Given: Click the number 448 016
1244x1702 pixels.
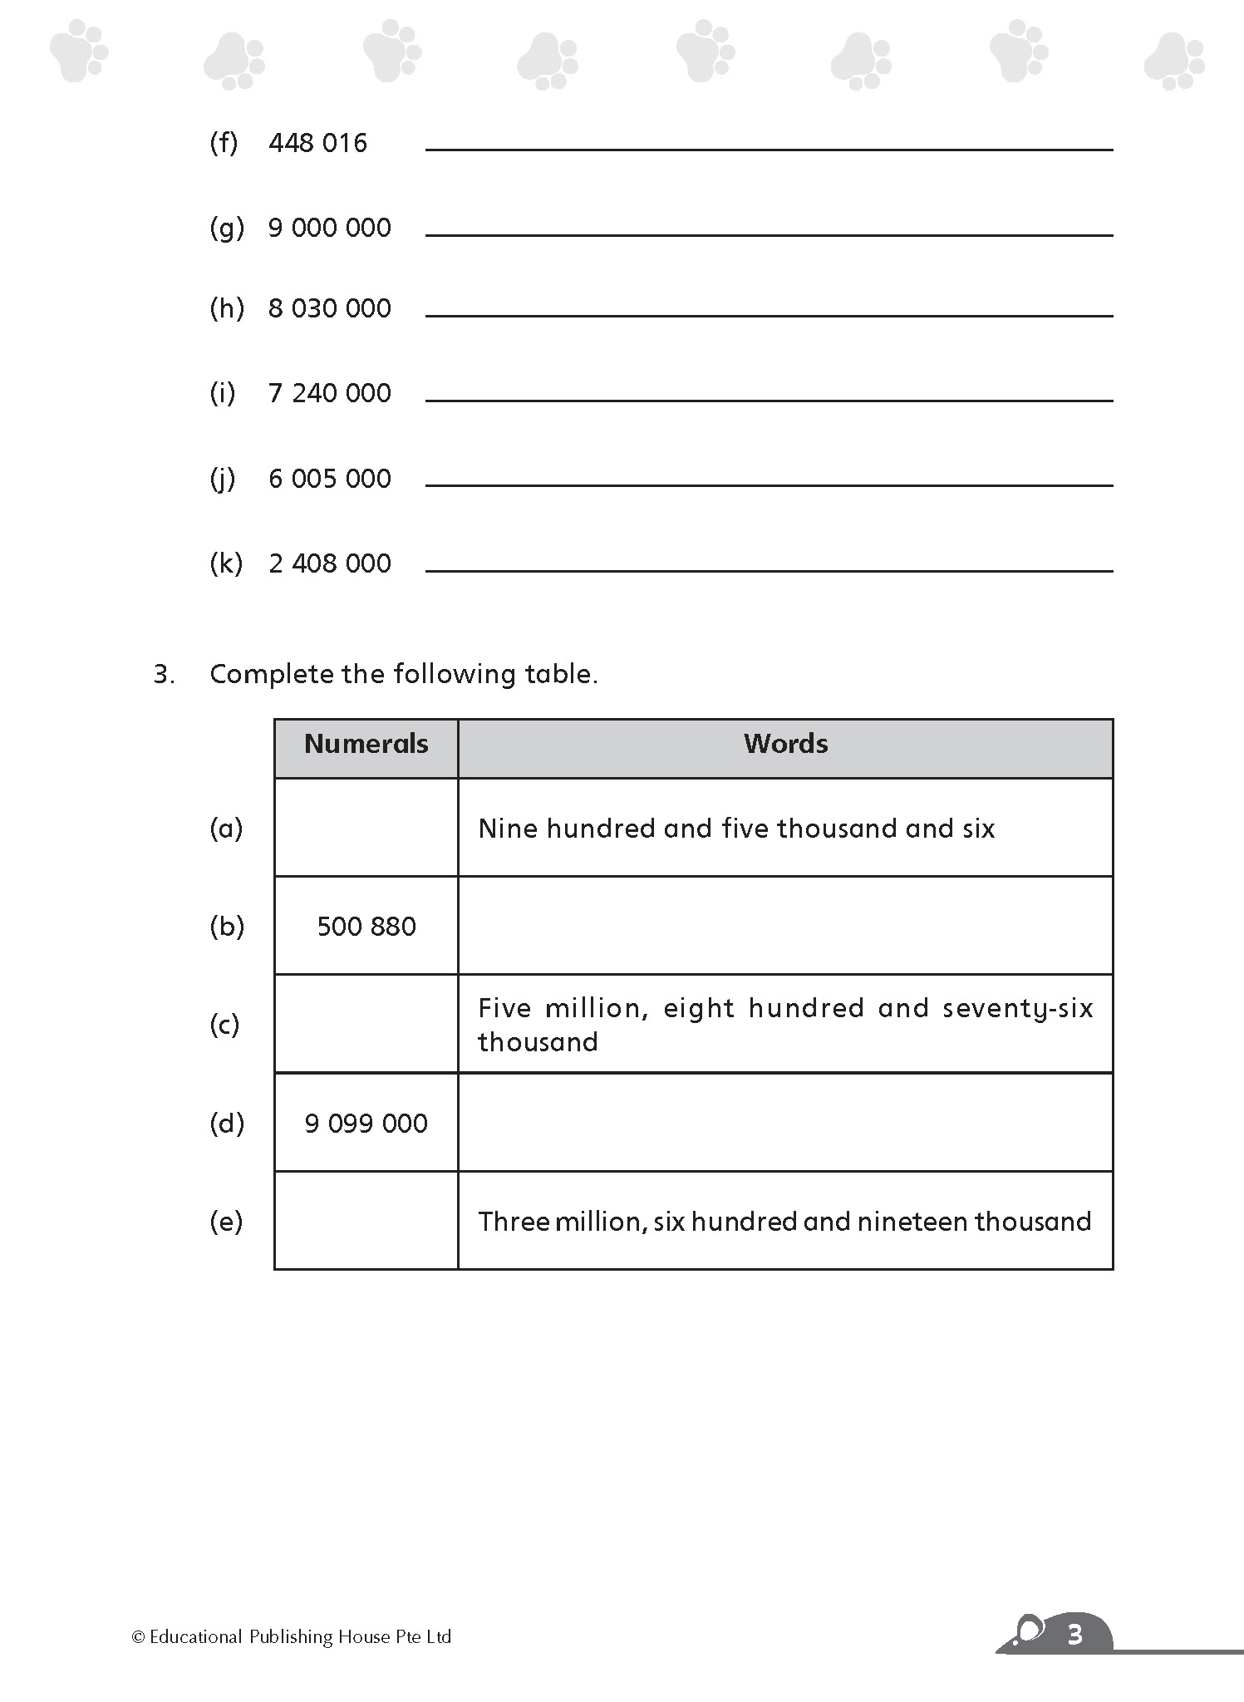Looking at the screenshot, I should coord(317,143).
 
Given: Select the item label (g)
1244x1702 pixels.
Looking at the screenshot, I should coord(226,228).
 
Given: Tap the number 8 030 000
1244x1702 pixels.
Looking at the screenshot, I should coord(329,308).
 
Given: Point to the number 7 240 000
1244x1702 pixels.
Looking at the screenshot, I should coord(329,393).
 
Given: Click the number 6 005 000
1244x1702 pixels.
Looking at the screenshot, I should coord(329,479).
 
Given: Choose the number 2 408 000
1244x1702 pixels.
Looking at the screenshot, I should coord(329,563).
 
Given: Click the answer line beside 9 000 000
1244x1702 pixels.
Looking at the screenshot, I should coord(769,234).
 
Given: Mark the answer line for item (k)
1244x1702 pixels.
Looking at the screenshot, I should coord(769,570).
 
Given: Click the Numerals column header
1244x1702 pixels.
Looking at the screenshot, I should coord(366,744).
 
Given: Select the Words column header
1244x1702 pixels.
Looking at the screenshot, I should coord(785,744).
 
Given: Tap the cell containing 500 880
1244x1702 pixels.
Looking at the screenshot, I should coord(366,926).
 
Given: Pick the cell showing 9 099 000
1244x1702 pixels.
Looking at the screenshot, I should coord(366,1123).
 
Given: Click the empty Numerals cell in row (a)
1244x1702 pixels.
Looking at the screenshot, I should coord(366,828).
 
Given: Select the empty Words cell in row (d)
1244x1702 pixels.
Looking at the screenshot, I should coord(785,1123).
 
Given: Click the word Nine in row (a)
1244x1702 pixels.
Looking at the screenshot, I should coord(507,829).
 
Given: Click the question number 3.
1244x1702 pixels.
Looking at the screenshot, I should coord(164,674).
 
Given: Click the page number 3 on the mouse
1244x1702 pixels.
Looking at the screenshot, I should coord(1074,1636).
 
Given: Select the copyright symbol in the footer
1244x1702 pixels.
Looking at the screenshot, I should coord(138,1637).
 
